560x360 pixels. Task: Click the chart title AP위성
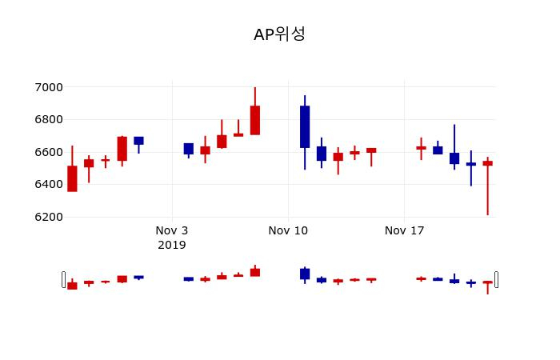pyautogui.click(x=279, y=34)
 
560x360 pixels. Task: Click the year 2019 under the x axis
pyautogui.click(x=172, y=245)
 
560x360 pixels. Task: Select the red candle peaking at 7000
pyautogui.click(x=255, y=120)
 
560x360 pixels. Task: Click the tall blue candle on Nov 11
pyautogui.click(x=305, y=126)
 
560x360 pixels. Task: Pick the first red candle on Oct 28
pyautogui.click(x=72, y=178)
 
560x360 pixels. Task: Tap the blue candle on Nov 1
pyautogui.click(x=138, y=141)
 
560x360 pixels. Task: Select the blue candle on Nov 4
pyautogui.click(x=189, y=149)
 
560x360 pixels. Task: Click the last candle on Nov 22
pyautogui.click(x=488, y=163)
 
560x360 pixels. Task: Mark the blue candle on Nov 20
pyautogui.click(x=454, y=158)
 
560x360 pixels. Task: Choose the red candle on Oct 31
pyautogui.click(x=122, y=149)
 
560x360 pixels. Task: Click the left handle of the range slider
pyautogui.click(x=64, y=279)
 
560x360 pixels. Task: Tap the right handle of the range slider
pyautogui.click(x=497, y=279)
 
